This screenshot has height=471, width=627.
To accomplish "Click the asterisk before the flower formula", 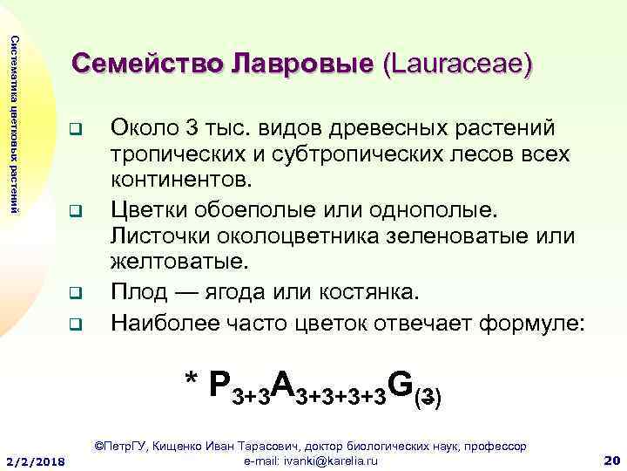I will pos(192,382).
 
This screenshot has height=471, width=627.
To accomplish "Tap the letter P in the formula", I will pos(222,386).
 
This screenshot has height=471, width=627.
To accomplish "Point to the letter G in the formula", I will pos(401,385).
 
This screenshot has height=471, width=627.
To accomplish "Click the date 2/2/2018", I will pos(36,460).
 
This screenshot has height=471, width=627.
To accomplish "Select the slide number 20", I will pos(610,459).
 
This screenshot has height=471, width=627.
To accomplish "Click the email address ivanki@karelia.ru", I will pos(311,460).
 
